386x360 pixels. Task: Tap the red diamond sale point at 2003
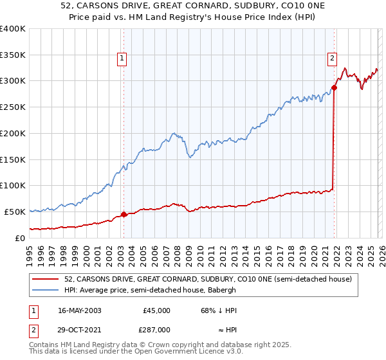pyautogui.click(x=124, y=214)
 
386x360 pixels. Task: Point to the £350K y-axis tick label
pyautogui.click(x=13, y=55)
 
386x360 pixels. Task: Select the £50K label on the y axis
pyautogui.click(x=15, y=212)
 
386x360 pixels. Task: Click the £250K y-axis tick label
pyautogui.click(x=13, y=107)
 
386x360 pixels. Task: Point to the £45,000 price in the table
pyautogui.click(x=156, y=310)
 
